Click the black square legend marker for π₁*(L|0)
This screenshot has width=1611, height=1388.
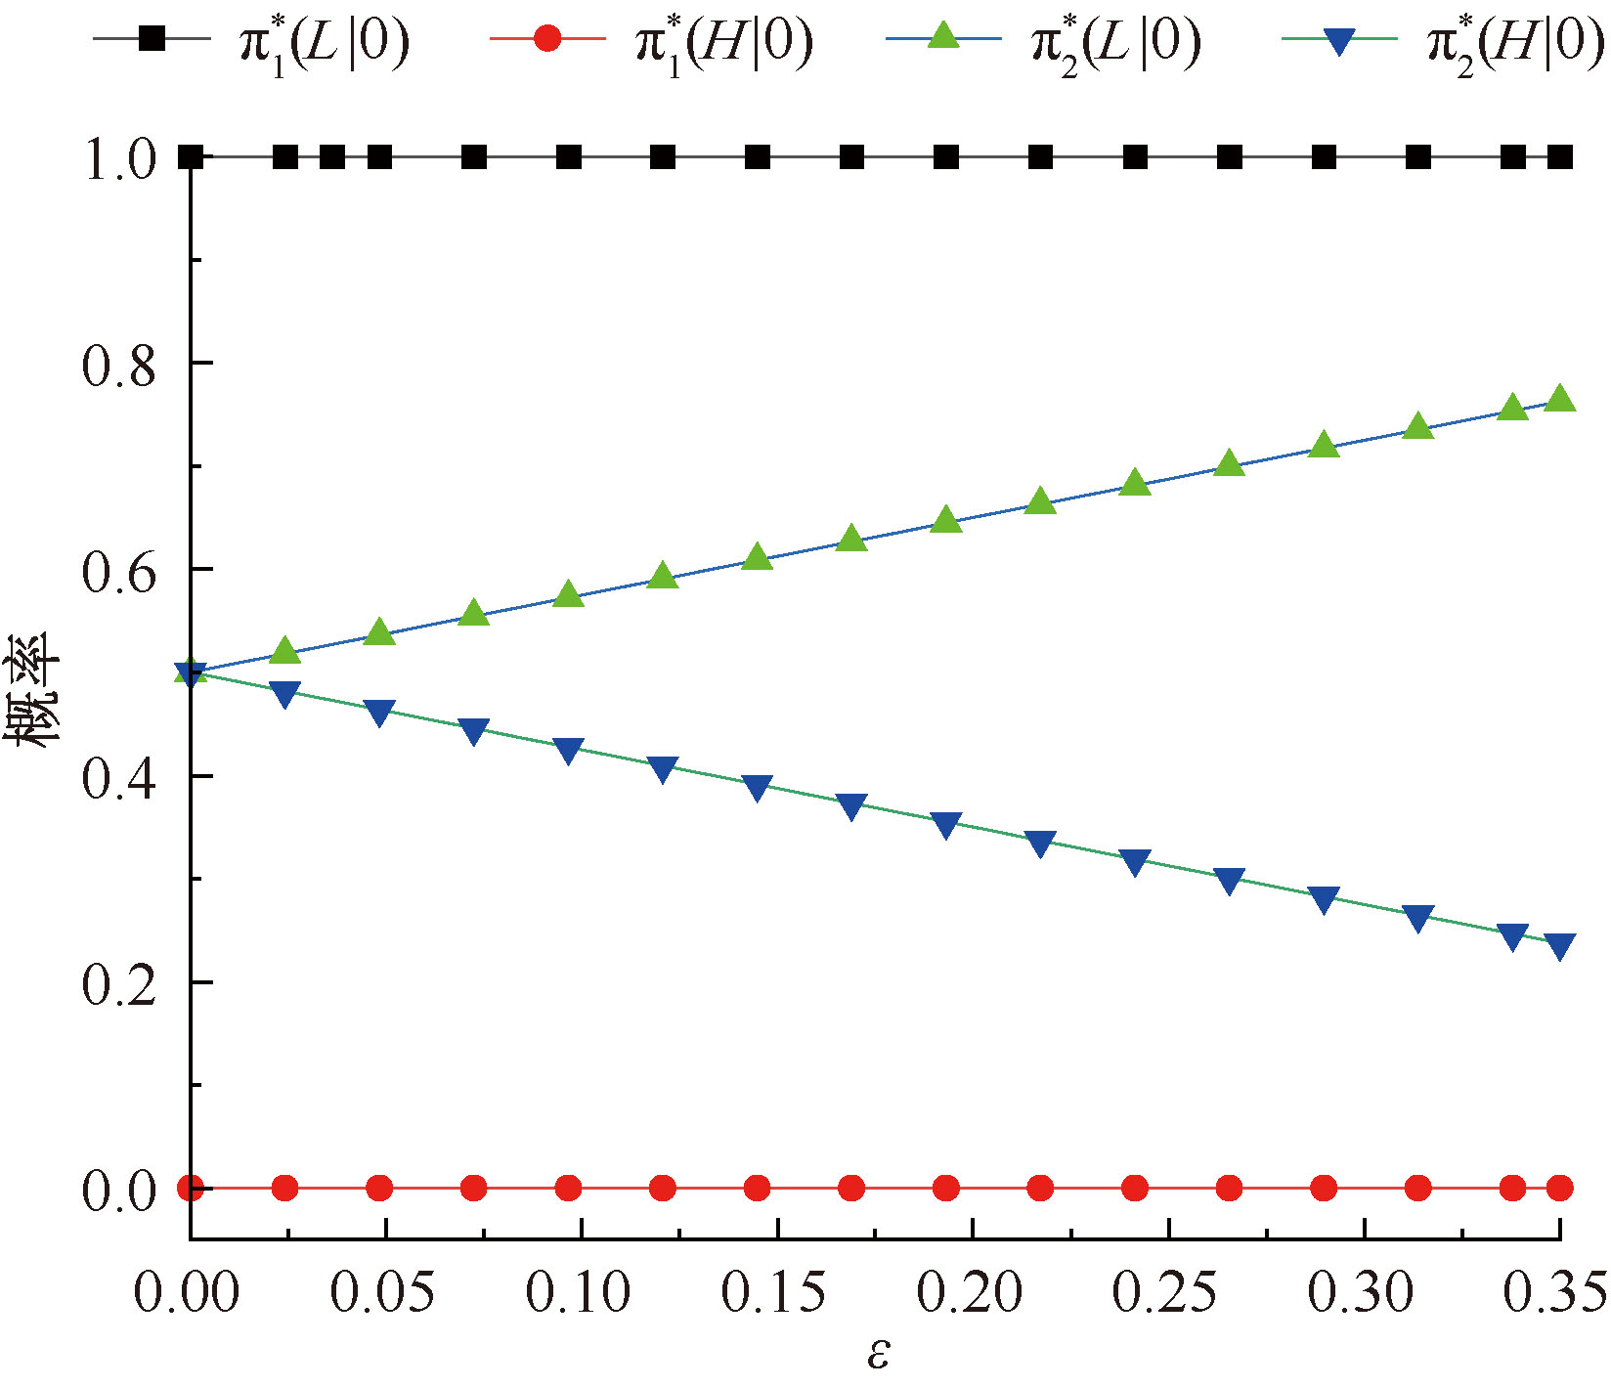point(152,39)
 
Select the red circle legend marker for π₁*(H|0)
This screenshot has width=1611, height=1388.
point(548,39)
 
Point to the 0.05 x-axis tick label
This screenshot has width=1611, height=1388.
point(382,1292)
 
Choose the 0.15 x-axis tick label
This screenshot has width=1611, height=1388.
point(774,1292)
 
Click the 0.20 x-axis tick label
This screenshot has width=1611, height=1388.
point(970,1292)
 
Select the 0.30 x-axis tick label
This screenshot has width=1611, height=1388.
point(1361,1292)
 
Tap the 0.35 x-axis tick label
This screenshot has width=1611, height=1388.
point(1555,1292)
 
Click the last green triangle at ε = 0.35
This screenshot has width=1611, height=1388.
point(1560,399)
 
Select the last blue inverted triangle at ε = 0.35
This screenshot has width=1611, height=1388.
point(1560,945)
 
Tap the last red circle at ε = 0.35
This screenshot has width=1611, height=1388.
point(1560,1189)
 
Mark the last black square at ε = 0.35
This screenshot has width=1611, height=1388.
point(1560,156)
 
